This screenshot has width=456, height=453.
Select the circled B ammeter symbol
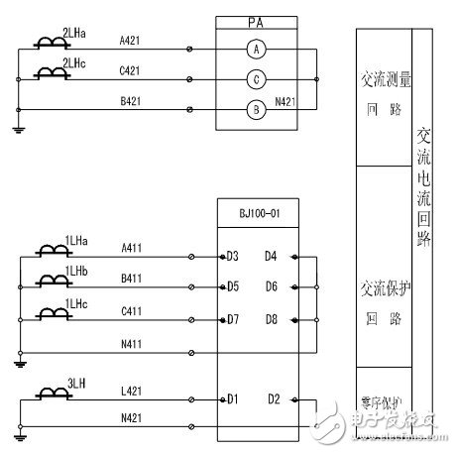pyautogui.click(x=256, y=111)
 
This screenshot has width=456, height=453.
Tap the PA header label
pyautogui.click(x=256, y=21)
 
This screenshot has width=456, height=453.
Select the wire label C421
pyautogui.click(x=130, y=72)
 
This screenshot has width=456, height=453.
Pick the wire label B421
pyautogui.click(x=130, y=100)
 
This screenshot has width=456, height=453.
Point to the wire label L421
pyautogui.click(x=130, y=394)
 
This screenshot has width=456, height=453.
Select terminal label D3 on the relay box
pyautogui.click(x=233, y=257)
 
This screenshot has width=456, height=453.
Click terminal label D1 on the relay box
pyautogui.click(x=233, y=400)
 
